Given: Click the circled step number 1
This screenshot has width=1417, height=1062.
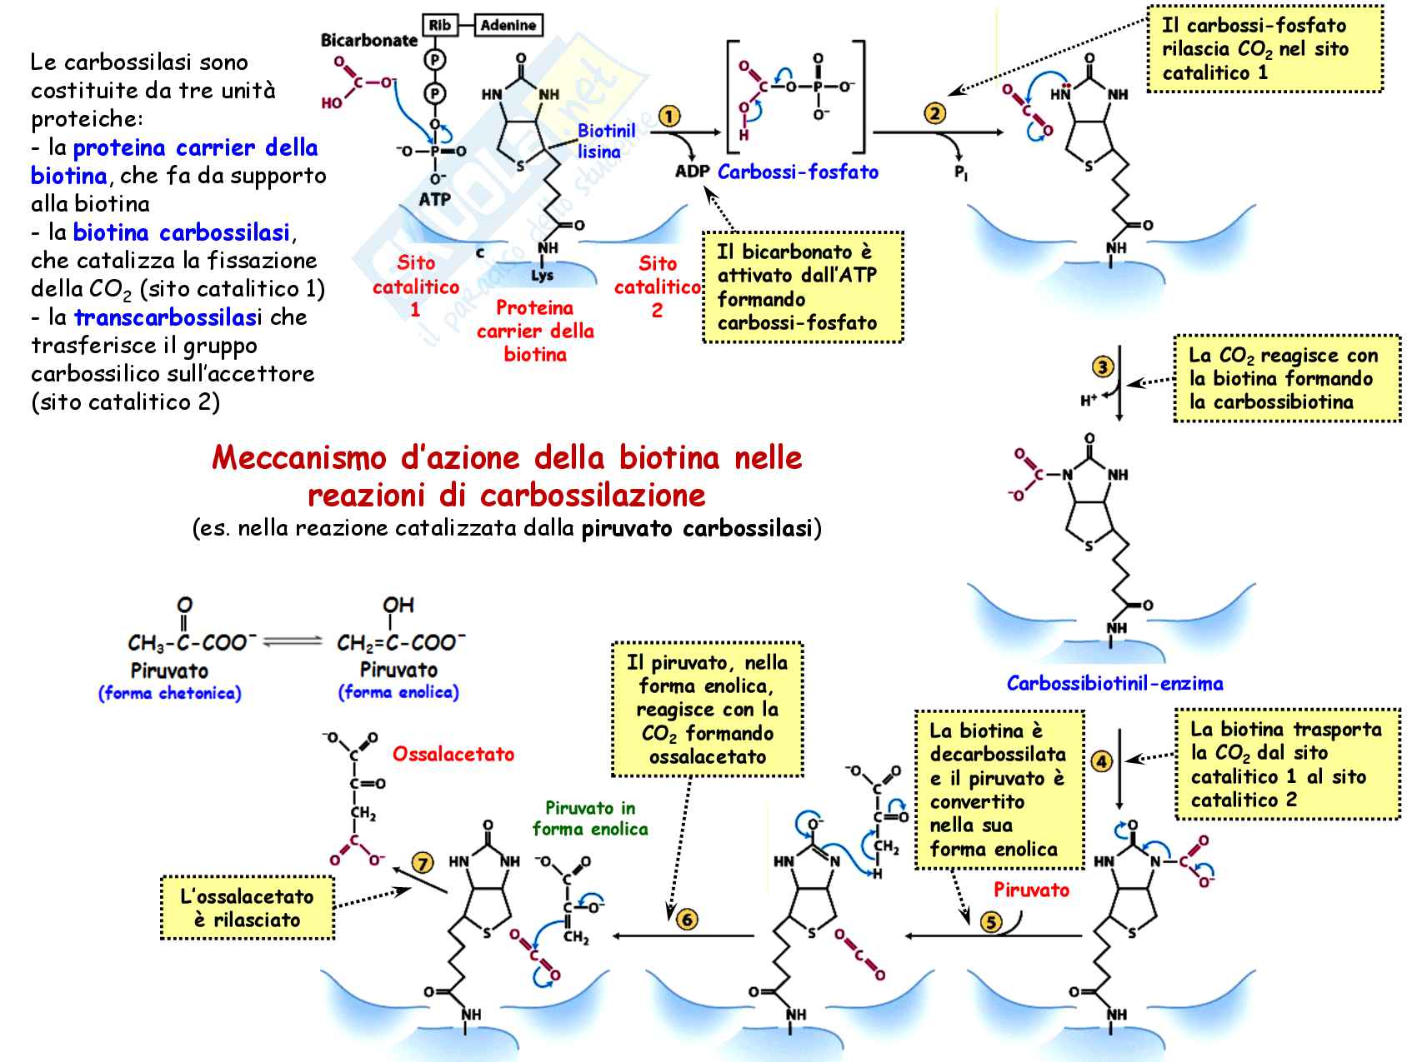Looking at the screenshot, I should click(x=669, y=117).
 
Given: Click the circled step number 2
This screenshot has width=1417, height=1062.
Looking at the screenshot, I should click(x=935, y=113).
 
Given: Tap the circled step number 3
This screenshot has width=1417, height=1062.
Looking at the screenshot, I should click(x=1103, y=366).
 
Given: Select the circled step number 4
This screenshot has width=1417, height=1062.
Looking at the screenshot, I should click(x=1102, y=760).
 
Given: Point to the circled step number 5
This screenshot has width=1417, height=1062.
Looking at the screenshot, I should click(x=991, y=922).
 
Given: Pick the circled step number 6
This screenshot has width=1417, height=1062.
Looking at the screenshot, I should click(x=687, y=920).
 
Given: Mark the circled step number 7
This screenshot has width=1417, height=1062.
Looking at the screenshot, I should click(x=423, y=863).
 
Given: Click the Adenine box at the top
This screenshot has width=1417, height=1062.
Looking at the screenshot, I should click(x=508, y=26).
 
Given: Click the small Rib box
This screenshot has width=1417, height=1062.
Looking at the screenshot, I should click(x=439, y=26).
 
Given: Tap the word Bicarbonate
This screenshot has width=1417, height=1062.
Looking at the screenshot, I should click(x=369, y=40).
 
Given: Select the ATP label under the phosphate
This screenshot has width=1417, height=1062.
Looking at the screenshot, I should click(x=434, y=199).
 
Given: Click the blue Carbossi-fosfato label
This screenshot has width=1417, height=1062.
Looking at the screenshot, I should click(x=798, y=172).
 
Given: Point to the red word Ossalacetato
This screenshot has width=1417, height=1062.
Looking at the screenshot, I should click(x=453, y=754).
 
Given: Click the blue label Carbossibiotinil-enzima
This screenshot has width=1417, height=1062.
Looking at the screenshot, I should click(x=1114, y=684).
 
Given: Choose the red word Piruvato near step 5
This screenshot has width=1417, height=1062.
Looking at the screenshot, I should click(x=1031, y=890).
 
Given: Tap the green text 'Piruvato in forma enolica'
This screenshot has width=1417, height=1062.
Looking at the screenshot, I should click(x=590, y=818).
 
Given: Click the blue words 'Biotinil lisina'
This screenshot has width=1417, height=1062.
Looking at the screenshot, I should click(x=606, y=141).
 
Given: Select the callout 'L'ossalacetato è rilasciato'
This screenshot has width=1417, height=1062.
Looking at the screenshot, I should click(x=248, y=908).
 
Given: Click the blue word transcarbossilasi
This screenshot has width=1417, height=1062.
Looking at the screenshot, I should click(x=168, y=317).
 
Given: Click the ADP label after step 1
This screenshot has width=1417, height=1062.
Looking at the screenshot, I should click(x=692, y=172).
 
